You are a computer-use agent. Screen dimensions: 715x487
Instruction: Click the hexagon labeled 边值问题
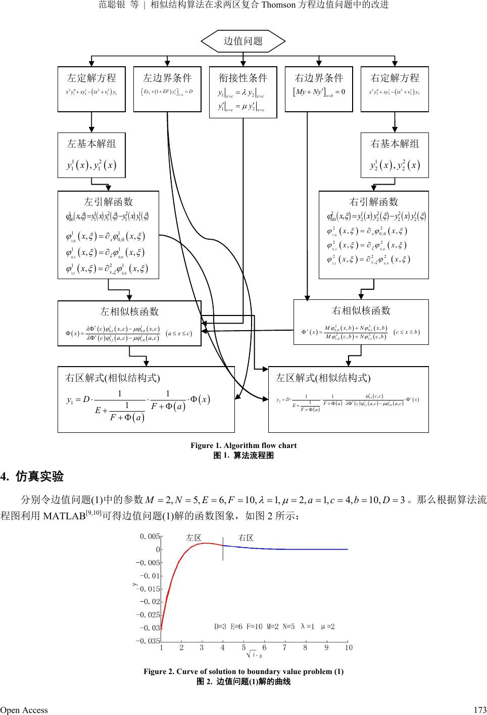pyautogui.click(x=243, y=41)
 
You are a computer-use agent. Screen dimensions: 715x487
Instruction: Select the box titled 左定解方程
pyautogui.click(x=91, y=88)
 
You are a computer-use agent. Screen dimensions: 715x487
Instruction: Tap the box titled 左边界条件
pyautogui.click(x=167, y=88)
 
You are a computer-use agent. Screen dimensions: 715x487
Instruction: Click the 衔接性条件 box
pyautogui.click(x=243, y=92)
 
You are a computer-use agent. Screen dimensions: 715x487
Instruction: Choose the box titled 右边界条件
pyautogui.click(x=319, y=88)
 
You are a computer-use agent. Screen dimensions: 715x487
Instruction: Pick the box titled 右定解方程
pyautogui.click(x=395, y=88)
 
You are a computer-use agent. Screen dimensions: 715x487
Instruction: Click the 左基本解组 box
pyautogui.click(x=91, y=155)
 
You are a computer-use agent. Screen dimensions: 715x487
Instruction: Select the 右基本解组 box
pyautogui.click(x=395, y=155)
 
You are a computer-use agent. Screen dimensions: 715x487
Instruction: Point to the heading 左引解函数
pyautogui.click(x=109, y=201)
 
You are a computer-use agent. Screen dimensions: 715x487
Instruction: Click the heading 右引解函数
pyautogui.click(x=374, y=202)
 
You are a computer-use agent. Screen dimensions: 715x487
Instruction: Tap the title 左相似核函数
pyautogui.click(x=129, y=311)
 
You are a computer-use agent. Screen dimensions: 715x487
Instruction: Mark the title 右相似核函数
pyautogui.click(x=361, y=310)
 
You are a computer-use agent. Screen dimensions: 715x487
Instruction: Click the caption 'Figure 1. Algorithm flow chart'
pyautogui.click(x=243, y=445)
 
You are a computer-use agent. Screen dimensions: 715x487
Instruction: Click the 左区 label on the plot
pyautogui.click(x=194, y=538)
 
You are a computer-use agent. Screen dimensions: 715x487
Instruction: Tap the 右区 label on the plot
pyautogui.click(x=246, y=538)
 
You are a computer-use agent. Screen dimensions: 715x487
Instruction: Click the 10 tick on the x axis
pyautogui.click(x=349, y=648)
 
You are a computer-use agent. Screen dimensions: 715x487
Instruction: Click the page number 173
pyautogui.click(x=480, y=710)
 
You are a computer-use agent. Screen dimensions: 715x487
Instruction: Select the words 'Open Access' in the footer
pyautogui.click(x=24, y=710)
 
